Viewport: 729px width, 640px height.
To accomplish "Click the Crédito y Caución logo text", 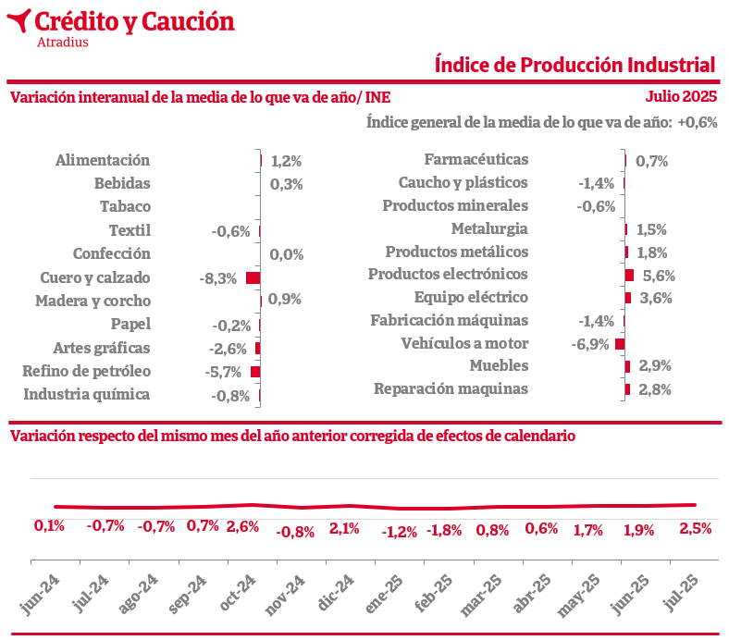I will pyautogui.click(x=134, y=20).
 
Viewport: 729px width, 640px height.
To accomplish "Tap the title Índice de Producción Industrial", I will pyautogui.click(x=575, y=65).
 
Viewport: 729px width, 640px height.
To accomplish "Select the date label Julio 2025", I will pyautogui.click(x=681, y=96).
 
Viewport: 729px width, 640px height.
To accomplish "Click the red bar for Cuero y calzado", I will pyautogui.click(x=253, y=277).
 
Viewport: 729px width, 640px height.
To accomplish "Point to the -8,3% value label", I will pyautogui.click(x=217, y=278).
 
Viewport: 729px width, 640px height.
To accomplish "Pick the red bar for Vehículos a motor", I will pyautogui.click(x=620, y=344).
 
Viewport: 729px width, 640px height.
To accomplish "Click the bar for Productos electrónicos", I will pyautogui.click(x=629, y=275).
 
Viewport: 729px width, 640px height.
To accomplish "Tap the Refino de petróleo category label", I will pyautogui.click(x=86, y=372).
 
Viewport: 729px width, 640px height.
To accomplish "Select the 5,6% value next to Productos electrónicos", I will pyautogui.click(x=659, y=276).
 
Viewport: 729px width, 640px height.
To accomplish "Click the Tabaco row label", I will pyautogui.click(x=125, y=206).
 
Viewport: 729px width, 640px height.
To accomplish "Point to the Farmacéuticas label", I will pyautogui.click(x=476, y=160).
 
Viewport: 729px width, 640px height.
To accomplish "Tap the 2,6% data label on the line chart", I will pyautogui.click(x=242, y=527).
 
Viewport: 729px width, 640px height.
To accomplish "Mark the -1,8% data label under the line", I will pyautogui.click(x=444, y=530).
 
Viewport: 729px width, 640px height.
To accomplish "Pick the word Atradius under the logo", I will pyautogui.click(x=63, y=42).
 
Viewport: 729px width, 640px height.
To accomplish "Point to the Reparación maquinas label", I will pyautogui.click(x=451, y=388).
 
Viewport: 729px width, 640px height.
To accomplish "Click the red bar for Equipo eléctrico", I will pyautogui.click(x=628, y=298).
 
